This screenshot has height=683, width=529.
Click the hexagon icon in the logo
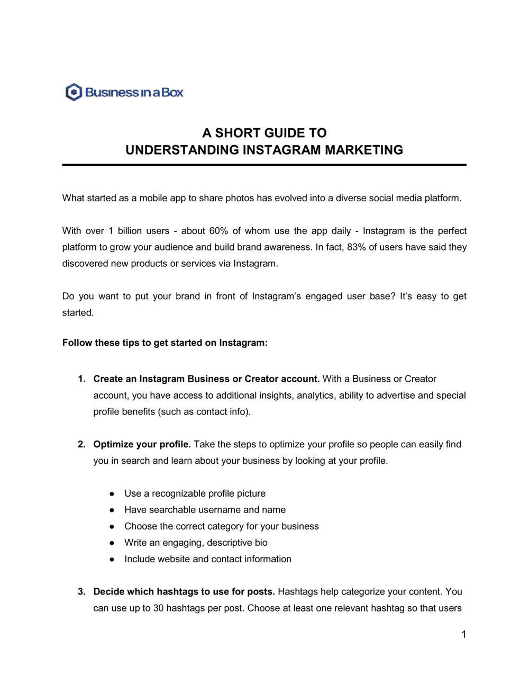(74, 92)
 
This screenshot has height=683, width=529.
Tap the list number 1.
(81, 379)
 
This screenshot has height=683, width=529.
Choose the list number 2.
(81, 444)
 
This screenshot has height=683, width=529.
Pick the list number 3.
(81, 591)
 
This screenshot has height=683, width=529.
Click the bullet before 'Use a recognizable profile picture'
(112, 493)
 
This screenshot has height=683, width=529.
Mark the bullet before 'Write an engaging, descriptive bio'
(112, 543)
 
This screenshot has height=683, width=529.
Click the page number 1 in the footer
(464, 634)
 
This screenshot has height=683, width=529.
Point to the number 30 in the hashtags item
(158, 608)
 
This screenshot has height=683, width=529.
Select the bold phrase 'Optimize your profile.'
(142, 444)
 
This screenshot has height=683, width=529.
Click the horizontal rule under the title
(264, 165)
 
